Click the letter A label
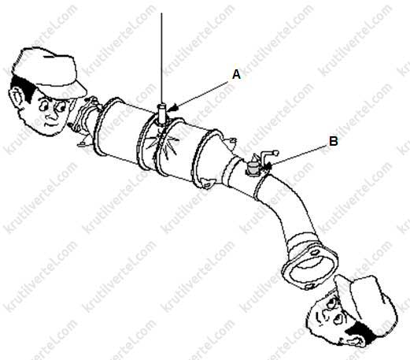point(236,75)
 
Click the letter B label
point(334,142)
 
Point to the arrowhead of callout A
point(173,108)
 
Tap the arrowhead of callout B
point(269,165)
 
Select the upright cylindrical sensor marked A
point(162,113)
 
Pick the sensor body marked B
point(253,169)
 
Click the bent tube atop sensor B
point(268,156)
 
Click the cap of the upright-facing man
point(50,71)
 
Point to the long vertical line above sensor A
point(161,58)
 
